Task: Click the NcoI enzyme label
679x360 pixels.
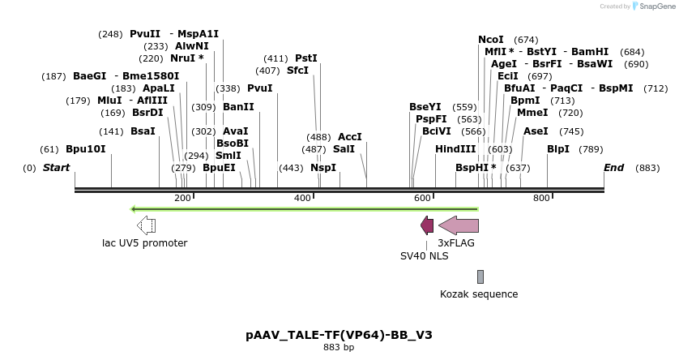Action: (x=490, y=40)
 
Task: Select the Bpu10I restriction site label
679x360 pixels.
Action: (x=86, y=149)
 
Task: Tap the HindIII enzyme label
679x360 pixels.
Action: (x=455, y=149)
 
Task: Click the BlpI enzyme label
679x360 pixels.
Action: (x=558, y=149)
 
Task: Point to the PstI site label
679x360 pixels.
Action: (x=306, y=58)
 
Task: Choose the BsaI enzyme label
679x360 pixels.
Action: (x=143, y=131)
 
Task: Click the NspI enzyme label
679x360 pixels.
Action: (x=323, y=168)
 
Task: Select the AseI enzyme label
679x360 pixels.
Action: (x=536, y=131)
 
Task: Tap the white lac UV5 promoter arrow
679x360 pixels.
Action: (x=146, y=225)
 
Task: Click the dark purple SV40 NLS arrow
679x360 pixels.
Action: (x=427, y=225)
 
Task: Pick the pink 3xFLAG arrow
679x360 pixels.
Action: (x=459, y=225)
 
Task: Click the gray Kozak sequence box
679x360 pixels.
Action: (x=480, y=276)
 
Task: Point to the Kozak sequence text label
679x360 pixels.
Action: (x=479, y=294)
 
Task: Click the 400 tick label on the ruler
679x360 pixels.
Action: (x=302, y=198)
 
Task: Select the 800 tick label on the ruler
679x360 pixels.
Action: (x=540, y=198)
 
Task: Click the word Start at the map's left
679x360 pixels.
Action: (x=56, y=168)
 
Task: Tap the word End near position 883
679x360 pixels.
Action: (x=614, y=168)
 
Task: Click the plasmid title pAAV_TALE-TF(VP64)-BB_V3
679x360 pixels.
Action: (x=339, y=334)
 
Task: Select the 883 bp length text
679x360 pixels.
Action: (x=339, y=348)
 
